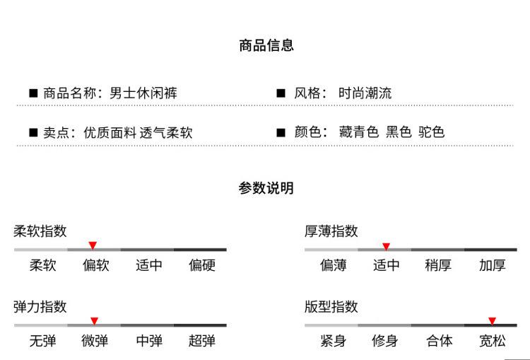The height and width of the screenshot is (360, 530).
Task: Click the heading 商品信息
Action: (x=266, y=45)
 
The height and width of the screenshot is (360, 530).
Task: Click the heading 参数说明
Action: (x=266, y=188)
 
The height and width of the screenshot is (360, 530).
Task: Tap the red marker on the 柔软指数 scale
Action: (x=93, y=245)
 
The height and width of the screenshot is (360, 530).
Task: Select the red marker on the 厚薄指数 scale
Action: (x=386, y=246)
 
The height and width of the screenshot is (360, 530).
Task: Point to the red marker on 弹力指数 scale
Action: (x=94, y=321)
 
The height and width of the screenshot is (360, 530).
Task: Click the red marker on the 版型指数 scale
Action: (x=492, y=321)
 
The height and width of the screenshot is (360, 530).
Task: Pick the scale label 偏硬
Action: (x=202, y=265)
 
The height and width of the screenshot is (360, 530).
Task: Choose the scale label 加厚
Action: (x=492, y=265)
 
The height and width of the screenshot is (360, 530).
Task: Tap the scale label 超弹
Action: (x=202, y=341)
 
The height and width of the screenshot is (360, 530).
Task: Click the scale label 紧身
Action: (x=334, y=341)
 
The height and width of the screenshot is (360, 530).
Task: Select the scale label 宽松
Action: (x=492, y=341)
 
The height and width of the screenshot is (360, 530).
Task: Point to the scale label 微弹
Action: (x=95, y=341)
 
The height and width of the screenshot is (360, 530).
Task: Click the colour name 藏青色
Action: (x=358, y=132)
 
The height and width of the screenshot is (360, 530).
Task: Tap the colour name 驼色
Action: (x=431, y=132)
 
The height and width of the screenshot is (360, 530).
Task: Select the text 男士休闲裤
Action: (x=143, y=93)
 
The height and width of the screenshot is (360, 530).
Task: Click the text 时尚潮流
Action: (x=365, y=93)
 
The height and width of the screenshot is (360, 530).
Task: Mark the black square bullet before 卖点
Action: (x=33, y=132)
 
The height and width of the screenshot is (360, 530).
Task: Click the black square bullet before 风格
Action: (x=281, y=93)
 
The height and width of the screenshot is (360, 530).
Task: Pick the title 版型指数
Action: (x=331, y=307)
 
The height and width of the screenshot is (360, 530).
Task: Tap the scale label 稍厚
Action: (x=438, y=265)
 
